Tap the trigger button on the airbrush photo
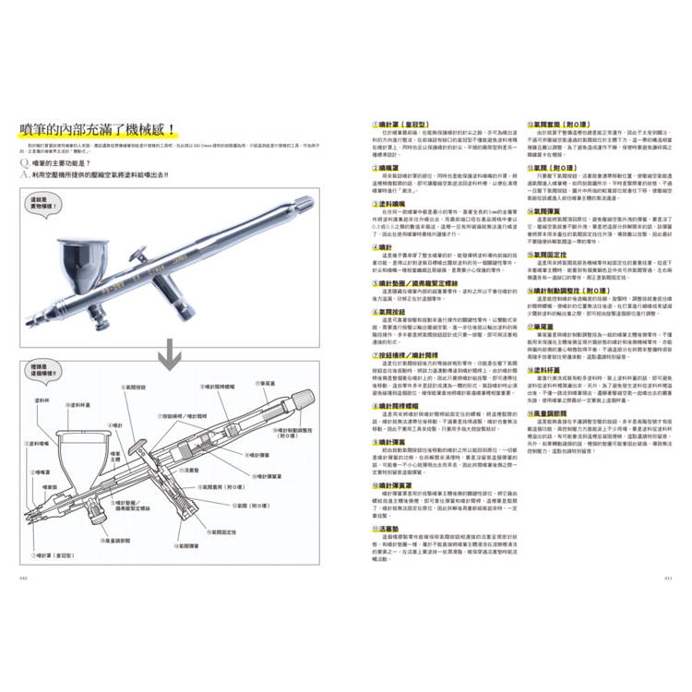[138, 252]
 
